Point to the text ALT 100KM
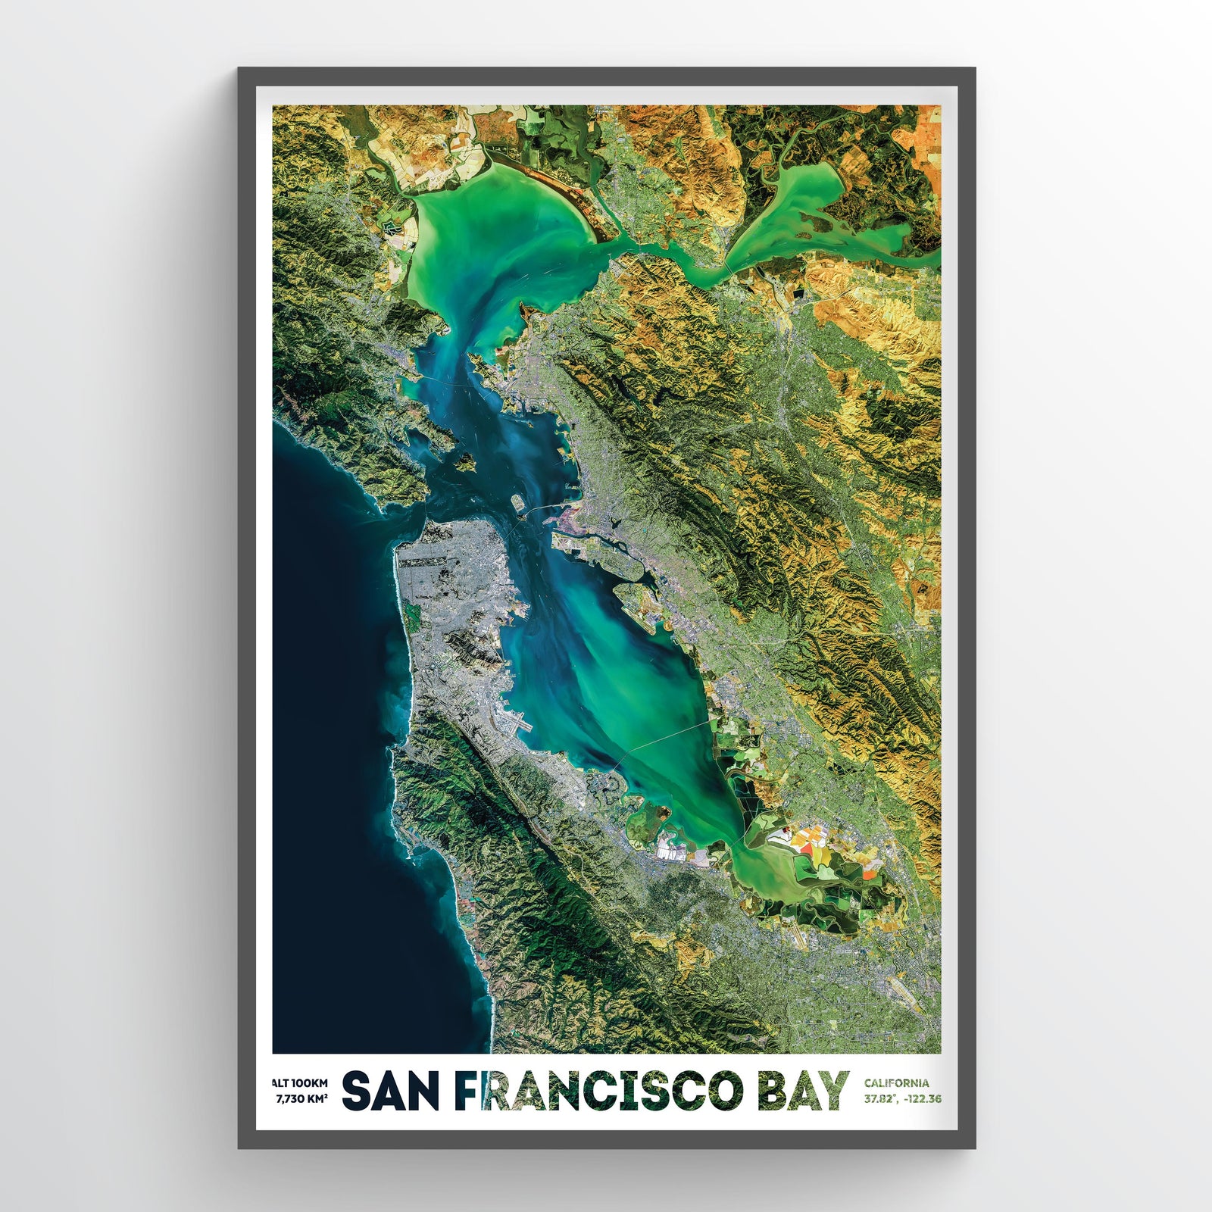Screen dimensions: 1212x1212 [301, 1082]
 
